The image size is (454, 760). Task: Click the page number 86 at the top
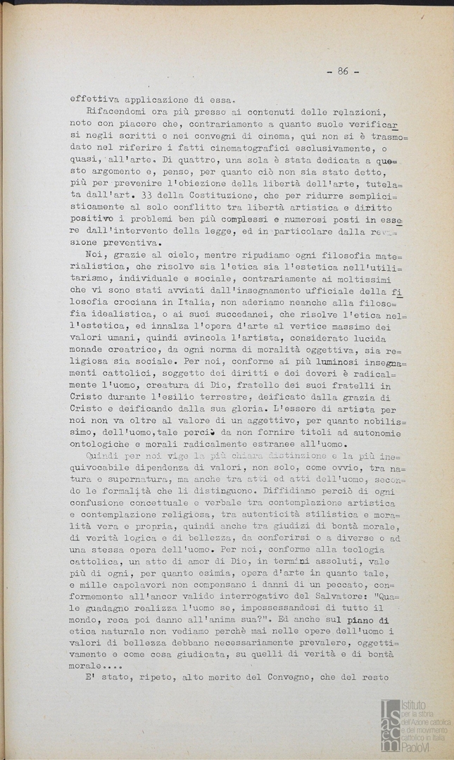coord(343,71)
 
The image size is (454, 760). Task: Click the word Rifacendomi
coord(120,112)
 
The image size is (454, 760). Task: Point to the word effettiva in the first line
coord(98,99)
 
